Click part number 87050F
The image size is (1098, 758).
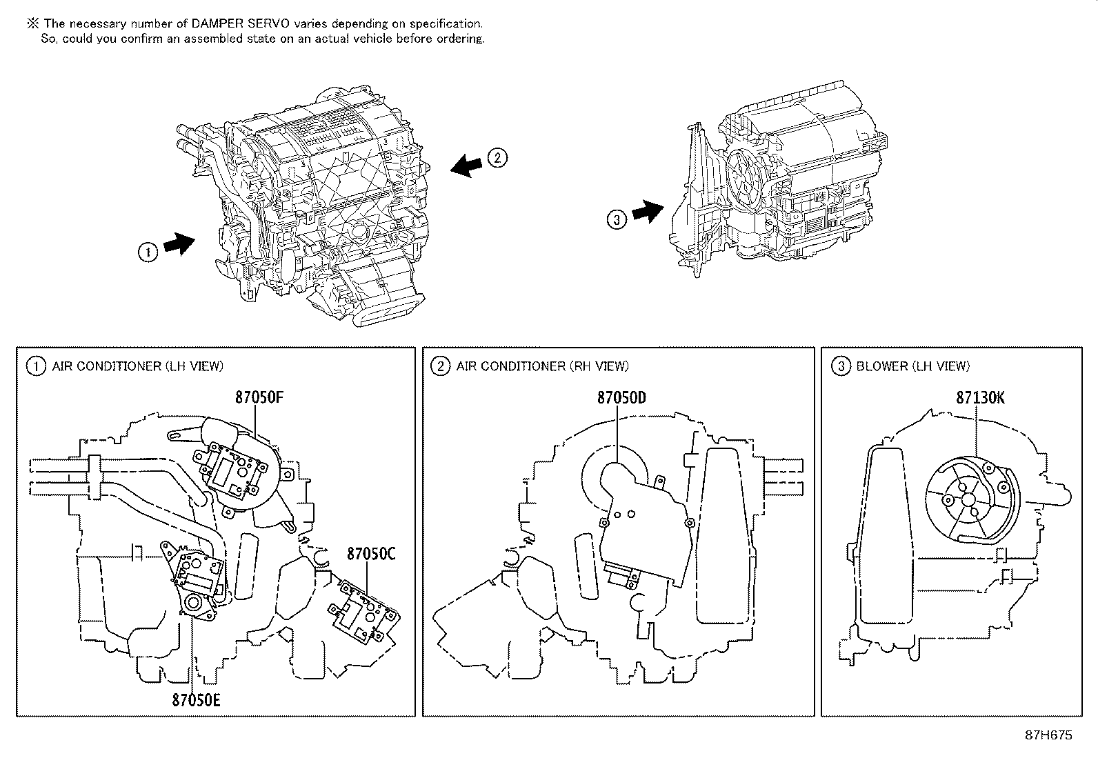(x=259, y=398)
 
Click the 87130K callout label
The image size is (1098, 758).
(x=980, y=398)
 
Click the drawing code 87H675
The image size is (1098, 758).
(x=1048, y=735)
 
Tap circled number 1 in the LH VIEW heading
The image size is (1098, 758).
(x=34, y=366)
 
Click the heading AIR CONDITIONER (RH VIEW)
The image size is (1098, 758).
(x=542, y=366)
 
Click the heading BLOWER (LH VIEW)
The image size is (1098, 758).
(x=912, y=366)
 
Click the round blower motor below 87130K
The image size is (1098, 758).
(x=969, y=498)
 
